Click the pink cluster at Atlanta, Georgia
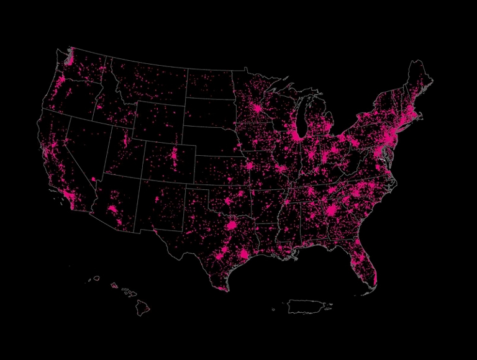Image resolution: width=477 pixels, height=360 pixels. coord(332,210)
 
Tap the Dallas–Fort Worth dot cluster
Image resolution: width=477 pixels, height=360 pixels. coord(232,225)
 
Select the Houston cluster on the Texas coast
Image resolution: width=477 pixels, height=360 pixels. coord(244,254)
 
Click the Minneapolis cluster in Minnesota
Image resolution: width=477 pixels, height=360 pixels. coord(257,109)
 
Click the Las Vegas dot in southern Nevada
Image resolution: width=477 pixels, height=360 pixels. coord(93,179)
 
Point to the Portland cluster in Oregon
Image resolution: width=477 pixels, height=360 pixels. coord(61,83)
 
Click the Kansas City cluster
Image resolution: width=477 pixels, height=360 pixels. coord(250,166)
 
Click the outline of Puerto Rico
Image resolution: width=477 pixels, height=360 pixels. coord(307,306)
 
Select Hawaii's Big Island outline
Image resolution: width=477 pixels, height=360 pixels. coord(143,307)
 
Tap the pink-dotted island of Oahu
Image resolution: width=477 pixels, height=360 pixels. coord(114,286)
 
